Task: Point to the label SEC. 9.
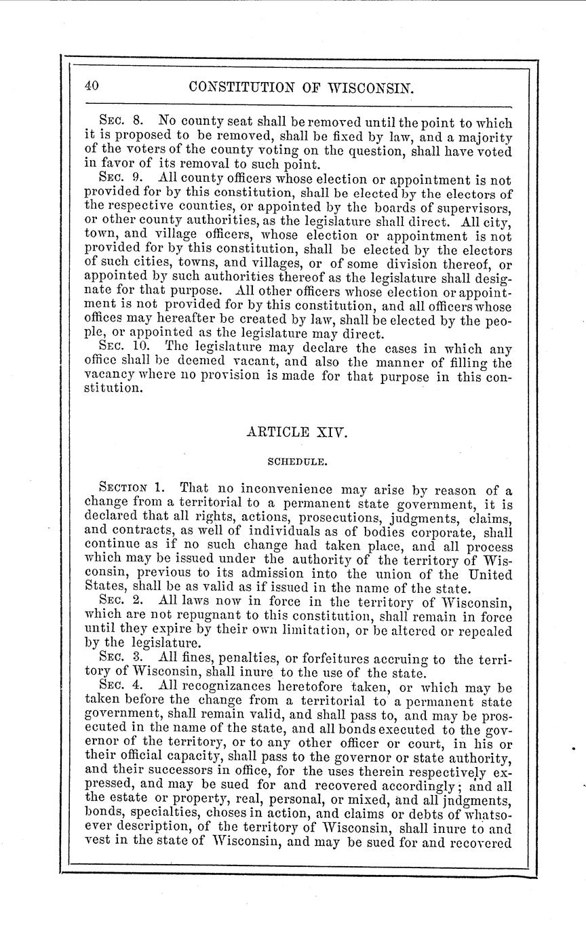(x=119, y=179)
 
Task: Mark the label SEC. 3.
(x=119, y=657)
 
